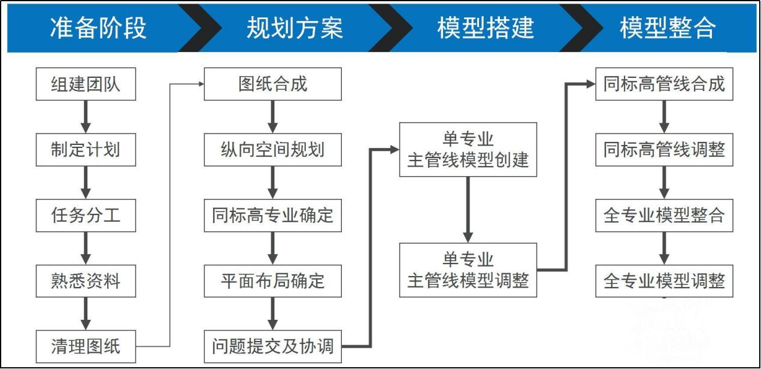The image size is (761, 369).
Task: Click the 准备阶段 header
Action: pos(98,28)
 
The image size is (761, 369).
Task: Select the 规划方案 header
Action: pos(295,28)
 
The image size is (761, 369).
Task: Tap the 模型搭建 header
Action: pos(485,28)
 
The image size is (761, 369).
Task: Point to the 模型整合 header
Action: pos(668,28)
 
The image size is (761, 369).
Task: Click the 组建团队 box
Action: pos(86,84)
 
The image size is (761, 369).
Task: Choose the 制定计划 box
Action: pos(86,149)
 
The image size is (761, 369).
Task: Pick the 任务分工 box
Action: pos(86,215)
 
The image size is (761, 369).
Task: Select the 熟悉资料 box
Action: pos(86,281)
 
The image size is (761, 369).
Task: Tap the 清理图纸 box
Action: pos(86,346)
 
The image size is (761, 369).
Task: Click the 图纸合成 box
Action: pos(273,84)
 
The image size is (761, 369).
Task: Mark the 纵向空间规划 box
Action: pos(273,149)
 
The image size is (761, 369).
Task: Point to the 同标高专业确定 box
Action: pos(273,215)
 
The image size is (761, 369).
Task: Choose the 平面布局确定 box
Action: pos(273,281)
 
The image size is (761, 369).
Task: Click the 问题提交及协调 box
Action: pos(273,346)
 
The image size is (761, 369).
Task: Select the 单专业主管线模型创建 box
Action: pos(468,150)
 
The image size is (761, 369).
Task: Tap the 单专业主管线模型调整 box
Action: pos(468,270)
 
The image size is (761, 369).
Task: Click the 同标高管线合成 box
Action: pos(664,84)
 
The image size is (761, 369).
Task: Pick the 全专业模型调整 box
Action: pos(664,280)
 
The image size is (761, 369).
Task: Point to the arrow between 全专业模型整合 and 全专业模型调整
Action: pos(664,247)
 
